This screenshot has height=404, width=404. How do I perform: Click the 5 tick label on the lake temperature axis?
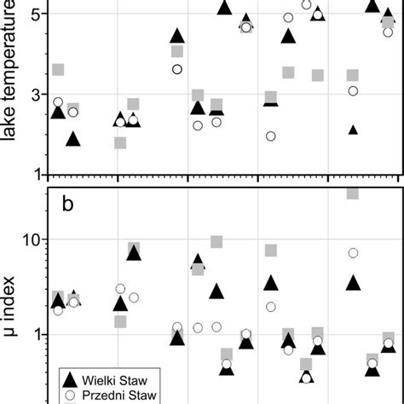(x=35, y=14)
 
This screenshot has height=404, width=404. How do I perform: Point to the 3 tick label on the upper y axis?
(x=35, y=94)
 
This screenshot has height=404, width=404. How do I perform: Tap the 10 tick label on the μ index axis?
(x=31, y=240)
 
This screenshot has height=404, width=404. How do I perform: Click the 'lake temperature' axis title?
(x=12, y=85)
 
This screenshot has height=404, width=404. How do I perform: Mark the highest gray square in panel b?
(x=352, y=193)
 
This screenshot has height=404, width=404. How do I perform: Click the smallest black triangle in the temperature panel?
(x=353, y=130)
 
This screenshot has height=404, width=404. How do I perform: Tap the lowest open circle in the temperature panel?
(x=271, y=136)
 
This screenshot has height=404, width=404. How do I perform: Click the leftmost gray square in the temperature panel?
(x=58, y=70)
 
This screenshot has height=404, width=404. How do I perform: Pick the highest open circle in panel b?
(x=353, y=253)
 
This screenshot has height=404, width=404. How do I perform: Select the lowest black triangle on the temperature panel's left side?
(x=73, y=139)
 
